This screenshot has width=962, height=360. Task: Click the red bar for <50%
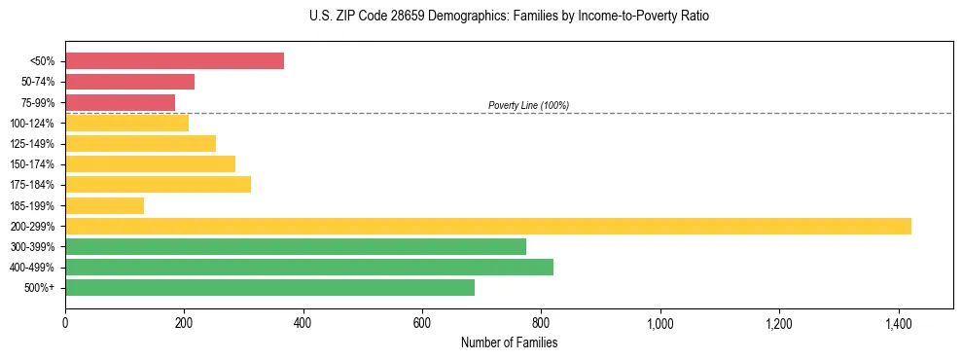pyautogui.click(x=174, y=61)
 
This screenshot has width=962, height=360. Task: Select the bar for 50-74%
pyautogui.click(x=129, y=82)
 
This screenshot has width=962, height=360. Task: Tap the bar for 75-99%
pyautogui.click(x=120, y=102)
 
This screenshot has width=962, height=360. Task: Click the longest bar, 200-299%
pyautogui.click(x=487, y=226)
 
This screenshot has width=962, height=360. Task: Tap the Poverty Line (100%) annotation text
pyautogui.click(x=528, y=105)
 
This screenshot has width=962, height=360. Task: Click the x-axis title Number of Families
pyautogui.click(x=509, y=342)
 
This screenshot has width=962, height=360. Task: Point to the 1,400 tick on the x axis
pyautogui.click(x=898, y=322)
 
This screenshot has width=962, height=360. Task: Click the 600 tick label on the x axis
pyautogui.click(x=422, y=322)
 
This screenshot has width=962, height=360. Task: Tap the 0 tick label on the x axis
pyautogui.click(x=65, y=322)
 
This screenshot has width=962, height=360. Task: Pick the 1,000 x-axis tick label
pyautogui.click(x=659, y=322)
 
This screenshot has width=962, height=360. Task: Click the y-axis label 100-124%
pyautogui.click(x=32, y=124)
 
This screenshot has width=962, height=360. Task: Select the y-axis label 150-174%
pyautogui.click(x=32, y=164)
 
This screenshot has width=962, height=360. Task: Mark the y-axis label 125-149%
pyautogui.click(x=32, y=144)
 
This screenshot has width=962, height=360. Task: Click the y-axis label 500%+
pyautogui.click(x=40, y=288)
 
